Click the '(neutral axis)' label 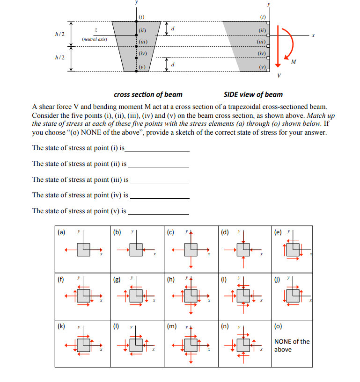pos(94,39)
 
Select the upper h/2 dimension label pos(60,34)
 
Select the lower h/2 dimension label pos(60,58)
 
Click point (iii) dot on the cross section pos(136,46)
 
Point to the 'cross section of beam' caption pos(148,94)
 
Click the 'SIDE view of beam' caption pos(253,94)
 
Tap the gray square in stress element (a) pos(84,250)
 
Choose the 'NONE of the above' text pos(291,346)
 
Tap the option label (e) pos(278,231)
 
